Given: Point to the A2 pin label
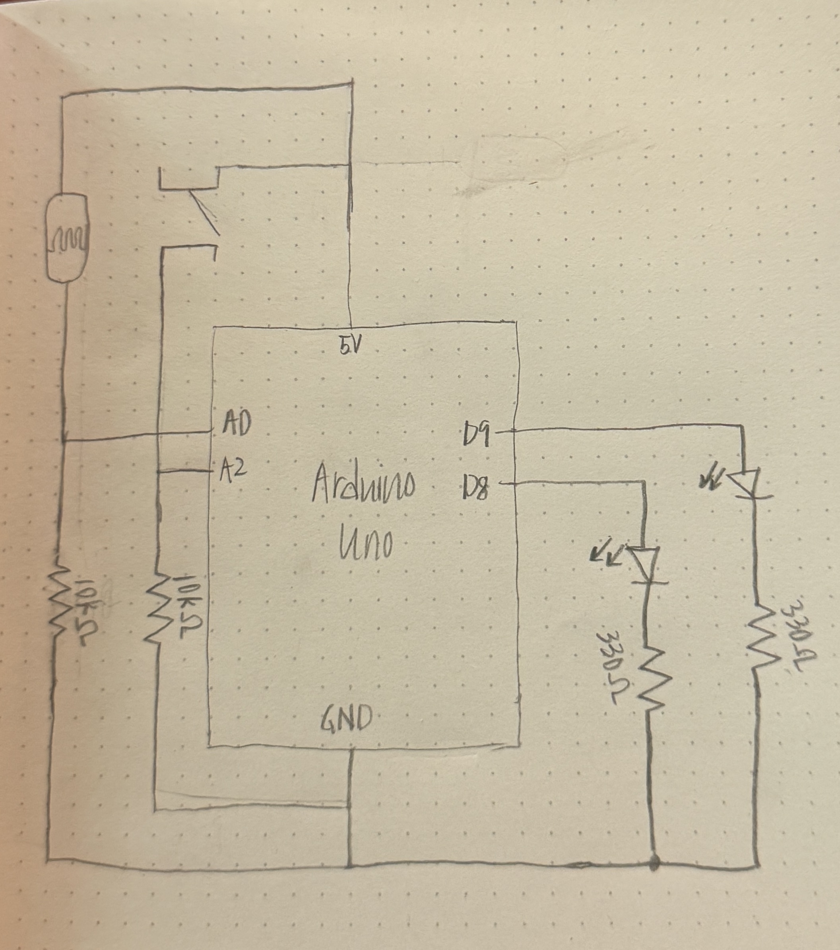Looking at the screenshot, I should [x=233, y=471].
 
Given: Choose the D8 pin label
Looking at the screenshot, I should [x=475, y=486].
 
